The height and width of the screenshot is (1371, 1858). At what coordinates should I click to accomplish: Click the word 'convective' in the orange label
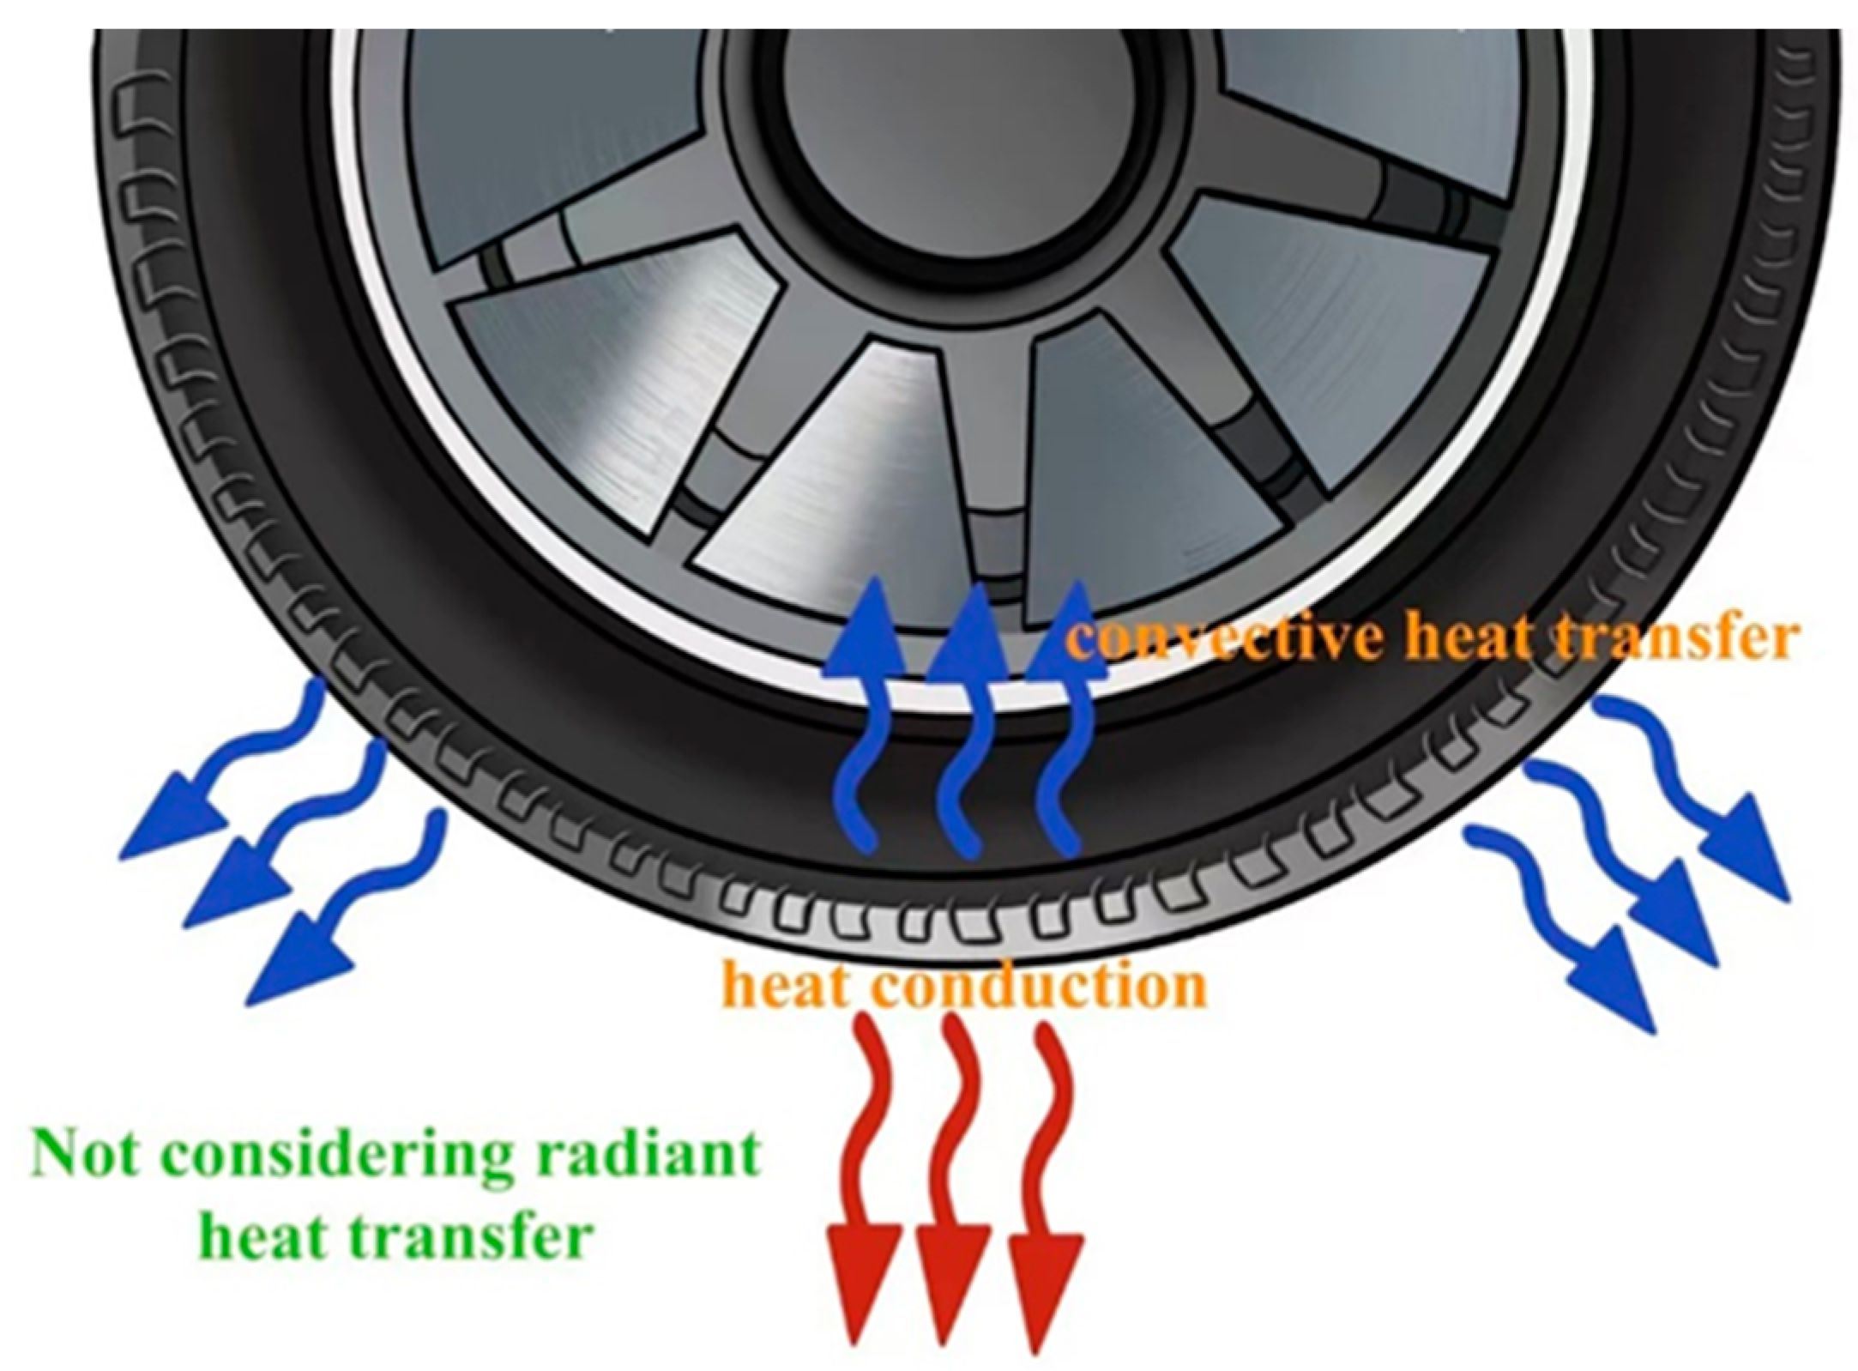(1227, 639)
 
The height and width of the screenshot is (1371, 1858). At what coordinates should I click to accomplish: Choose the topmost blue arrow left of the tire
(227, 764)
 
